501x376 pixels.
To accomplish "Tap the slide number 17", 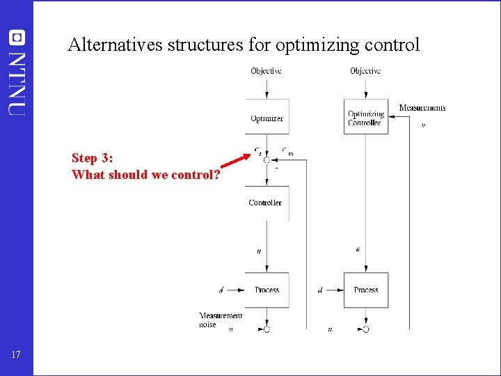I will click(x=16, y=356).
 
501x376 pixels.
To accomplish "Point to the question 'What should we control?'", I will click(x=146, y=175).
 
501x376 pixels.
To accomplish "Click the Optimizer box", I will click(x=267, y=118).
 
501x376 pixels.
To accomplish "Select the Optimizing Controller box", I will click(x=366, y=118).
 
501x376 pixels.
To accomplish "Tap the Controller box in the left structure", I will click(x=266, y=203).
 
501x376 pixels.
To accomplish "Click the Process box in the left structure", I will click(x=267, y=290).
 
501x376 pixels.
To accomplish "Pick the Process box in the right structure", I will click(x=366, y=290).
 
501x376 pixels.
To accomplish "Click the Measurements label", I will click(x=422, y=108).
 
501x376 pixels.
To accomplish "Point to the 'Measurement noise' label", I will click(x=220, y=320).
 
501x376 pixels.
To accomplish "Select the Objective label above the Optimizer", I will click(x=267, y=71).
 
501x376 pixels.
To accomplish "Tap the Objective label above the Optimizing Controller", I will click(x=365, y=71).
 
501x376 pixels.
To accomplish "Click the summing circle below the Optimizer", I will click(x=267, y=160).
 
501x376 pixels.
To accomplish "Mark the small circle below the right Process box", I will click(x=366, y=329).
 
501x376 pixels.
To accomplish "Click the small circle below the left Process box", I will click(x=267, y=329).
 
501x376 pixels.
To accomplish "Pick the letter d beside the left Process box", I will click(x=221, y=290).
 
